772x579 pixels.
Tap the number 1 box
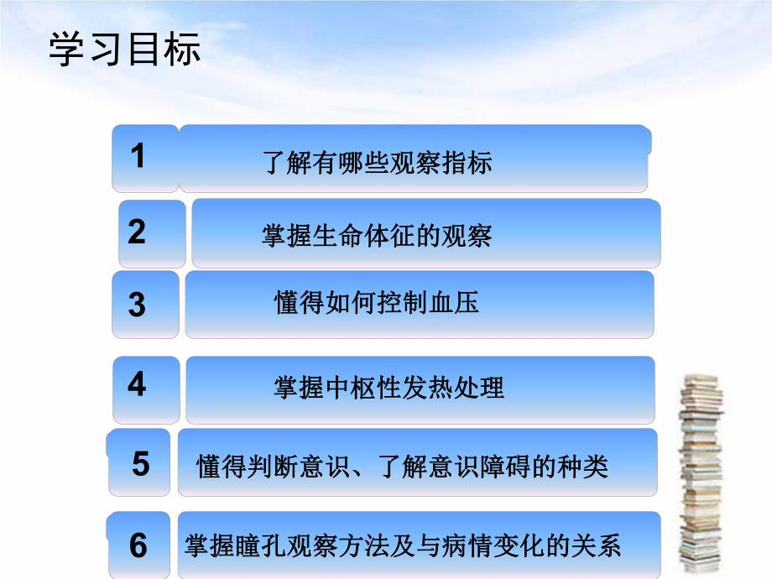click(x=144, y=158)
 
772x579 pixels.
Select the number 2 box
click(x=151, y=232)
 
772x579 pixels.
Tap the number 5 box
click(x=140, y=463)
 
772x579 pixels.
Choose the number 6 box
click(x=140, y=545)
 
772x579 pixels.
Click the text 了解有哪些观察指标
click(x=377, y=162)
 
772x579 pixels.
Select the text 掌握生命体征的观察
click(x=377, y=236)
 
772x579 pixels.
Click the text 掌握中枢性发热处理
click(x=389, y=388)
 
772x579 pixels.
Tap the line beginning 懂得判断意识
click(x=402, y=466)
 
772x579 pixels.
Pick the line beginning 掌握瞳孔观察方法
click(x=402, y=546)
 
